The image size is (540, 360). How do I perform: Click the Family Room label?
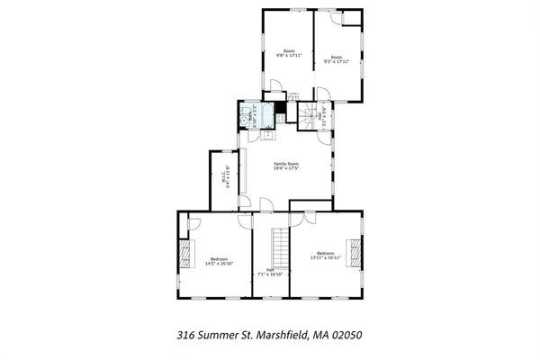click(286, 163)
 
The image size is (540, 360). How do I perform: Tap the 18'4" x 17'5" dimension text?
click(286, 169)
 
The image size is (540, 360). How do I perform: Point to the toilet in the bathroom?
click(245, 114)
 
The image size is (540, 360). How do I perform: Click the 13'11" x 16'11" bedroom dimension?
click(325, 257)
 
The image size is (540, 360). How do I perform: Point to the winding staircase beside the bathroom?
click(310, 115)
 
